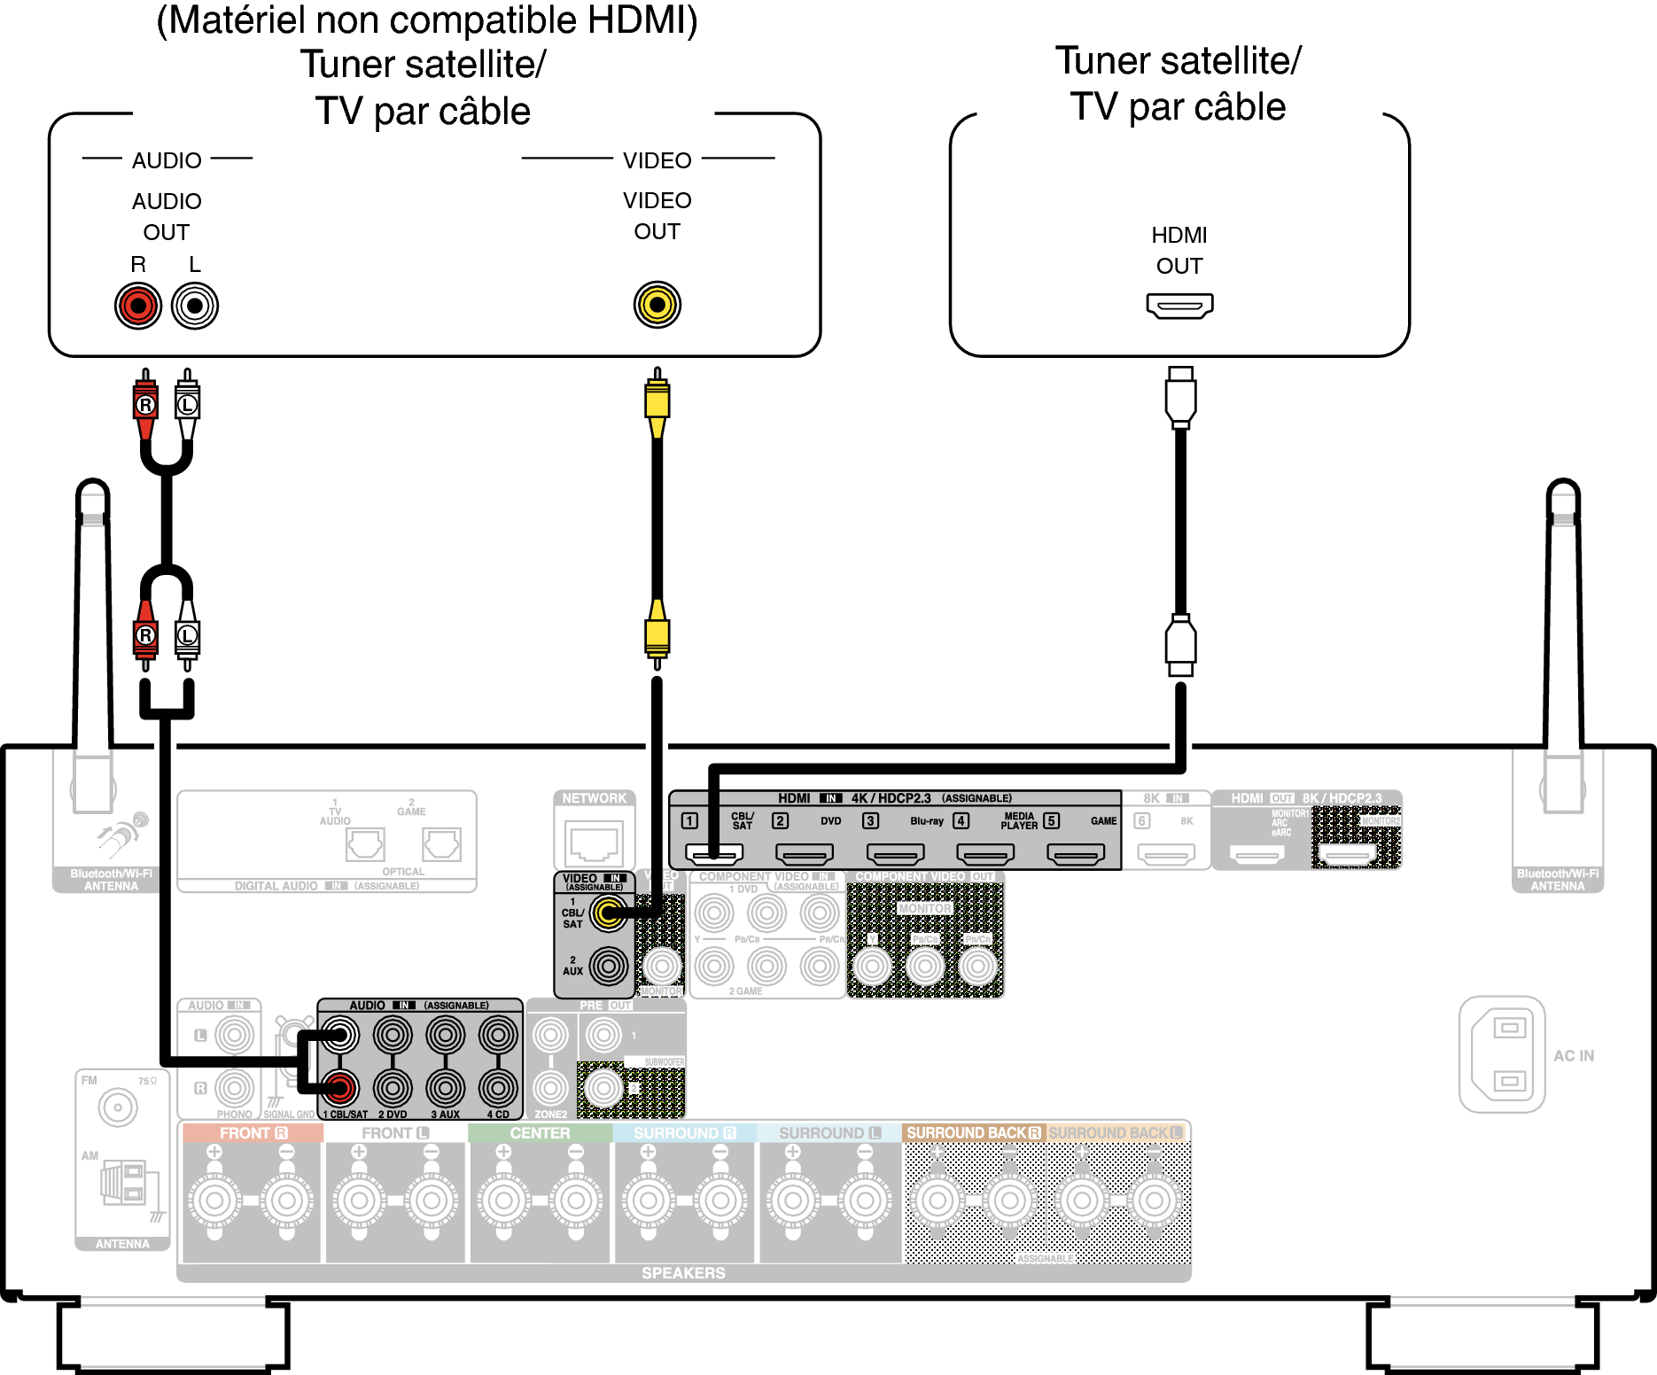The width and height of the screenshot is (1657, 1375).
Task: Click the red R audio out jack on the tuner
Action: (x=138, y=307)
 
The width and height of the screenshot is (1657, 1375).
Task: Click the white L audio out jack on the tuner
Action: (x=195, y=307)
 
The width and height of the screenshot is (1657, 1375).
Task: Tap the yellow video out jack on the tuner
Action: (x=657, y=305)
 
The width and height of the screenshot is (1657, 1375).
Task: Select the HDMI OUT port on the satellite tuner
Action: (x=1179, y=307)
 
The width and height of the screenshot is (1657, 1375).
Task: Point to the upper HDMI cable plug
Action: (x=1180, y=398)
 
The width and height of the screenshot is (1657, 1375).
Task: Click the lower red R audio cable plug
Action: (x=146, y=636)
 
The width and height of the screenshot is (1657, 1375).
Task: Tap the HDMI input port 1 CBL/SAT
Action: (x=714, y=854)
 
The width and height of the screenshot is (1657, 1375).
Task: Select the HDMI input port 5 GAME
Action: (x=1076, y=854)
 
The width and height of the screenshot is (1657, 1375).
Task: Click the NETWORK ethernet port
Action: (x=595, y=842)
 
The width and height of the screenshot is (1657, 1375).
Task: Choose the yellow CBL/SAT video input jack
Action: (x=609, y=913)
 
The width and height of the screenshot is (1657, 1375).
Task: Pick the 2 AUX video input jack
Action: (x=609, y=966)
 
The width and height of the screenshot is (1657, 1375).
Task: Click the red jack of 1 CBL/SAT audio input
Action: (x=339, y=1088)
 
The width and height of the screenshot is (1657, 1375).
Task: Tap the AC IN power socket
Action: (x=1504, y=1054)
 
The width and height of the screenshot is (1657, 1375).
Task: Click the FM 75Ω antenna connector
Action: (x=118, y=1107)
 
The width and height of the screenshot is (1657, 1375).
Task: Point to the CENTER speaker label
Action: (x=540, y=1133)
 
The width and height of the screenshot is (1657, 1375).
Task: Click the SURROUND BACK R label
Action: (x=973, y=1133)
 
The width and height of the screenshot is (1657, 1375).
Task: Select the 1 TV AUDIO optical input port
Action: (x=365, y=844)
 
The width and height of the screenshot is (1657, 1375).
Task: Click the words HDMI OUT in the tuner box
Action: (x=1179, y=250)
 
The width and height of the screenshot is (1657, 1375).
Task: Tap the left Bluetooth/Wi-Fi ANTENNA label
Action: (x=112, y=880)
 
